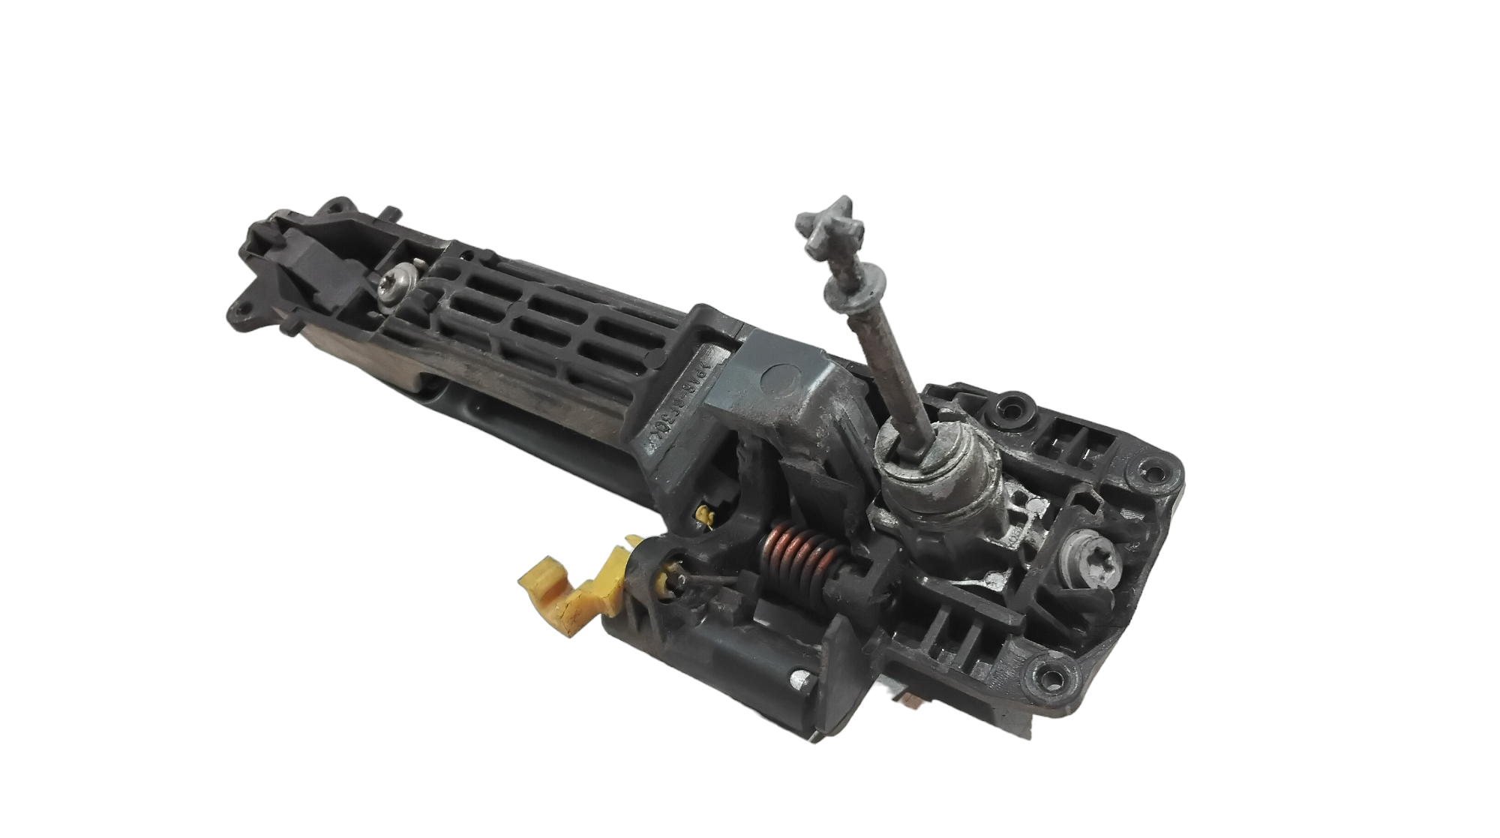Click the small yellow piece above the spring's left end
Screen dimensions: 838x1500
pos(704,515)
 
